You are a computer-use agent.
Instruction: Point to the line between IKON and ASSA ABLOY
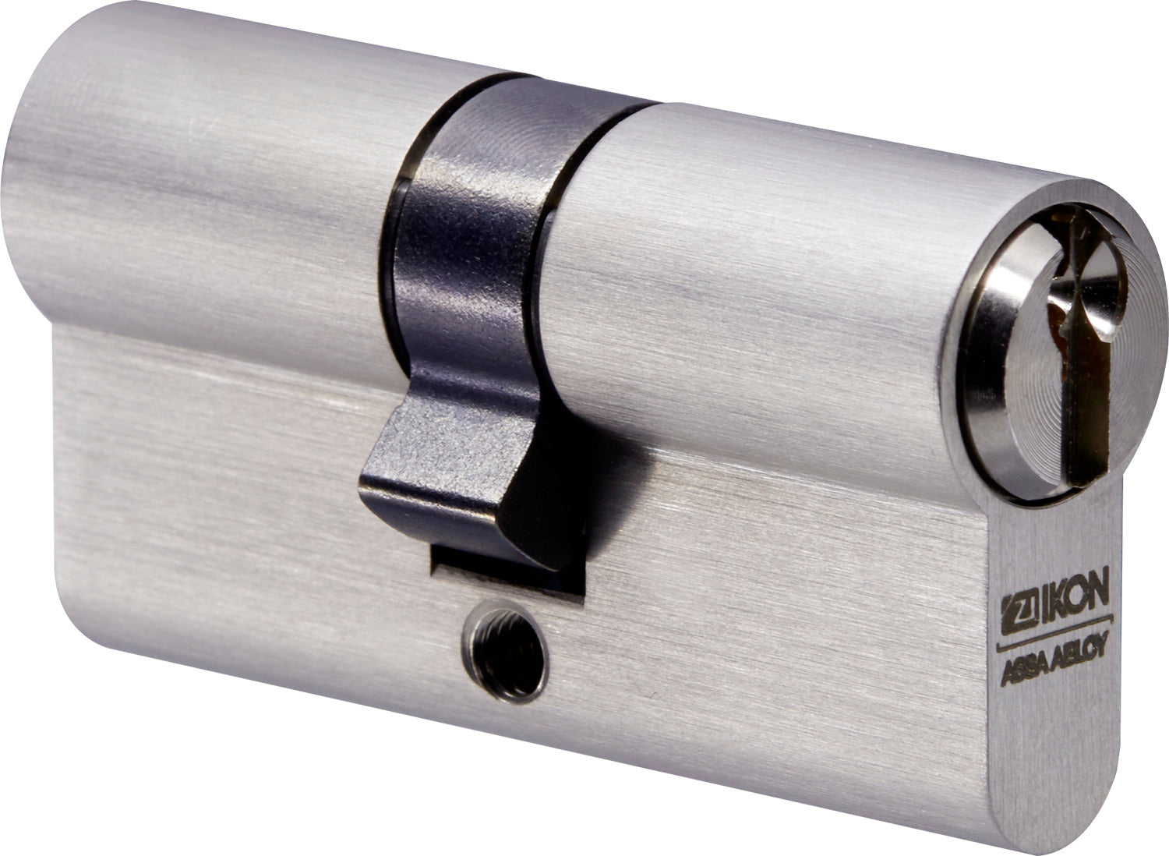(1054, 632)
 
